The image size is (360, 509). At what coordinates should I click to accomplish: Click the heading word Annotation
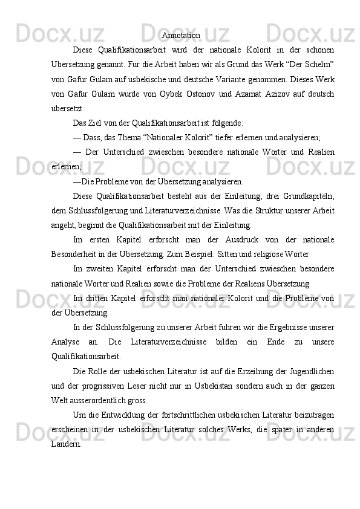click(181, 36)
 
